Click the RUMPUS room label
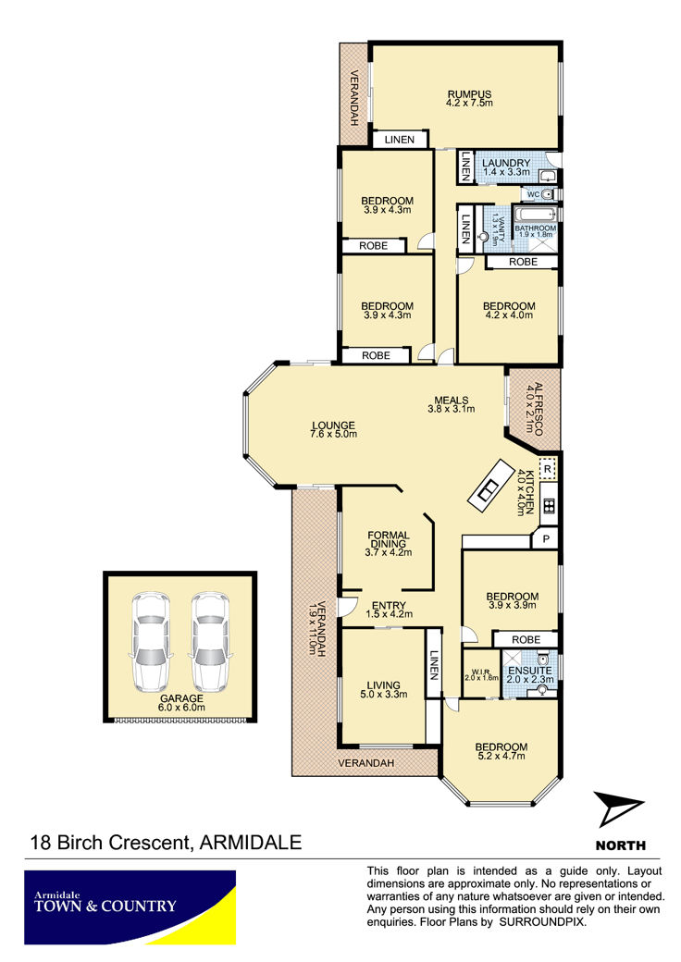tap(469, 94)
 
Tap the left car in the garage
tap(150, 641)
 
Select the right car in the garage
tap(209, 641)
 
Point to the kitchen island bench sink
tap(489, 489)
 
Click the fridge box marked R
tap(548, 469)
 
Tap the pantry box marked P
tap(546, 540)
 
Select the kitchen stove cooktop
tap(549, 506)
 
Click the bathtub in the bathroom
tap(535, 215)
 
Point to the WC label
tap(533, 194)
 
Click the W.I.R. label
tap(481, 672)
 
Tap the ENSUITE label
tap(529, 671)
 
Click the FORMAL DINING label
tap(389, 539)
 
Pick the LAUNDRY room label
tap(505, 163)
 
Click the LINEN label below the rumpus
tap(400, 140)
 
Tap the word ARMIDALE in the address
tap(251, 842)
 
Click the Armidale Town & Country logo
tap(130, 906)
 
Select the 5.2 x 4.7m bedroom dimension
tap(501, 756)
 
